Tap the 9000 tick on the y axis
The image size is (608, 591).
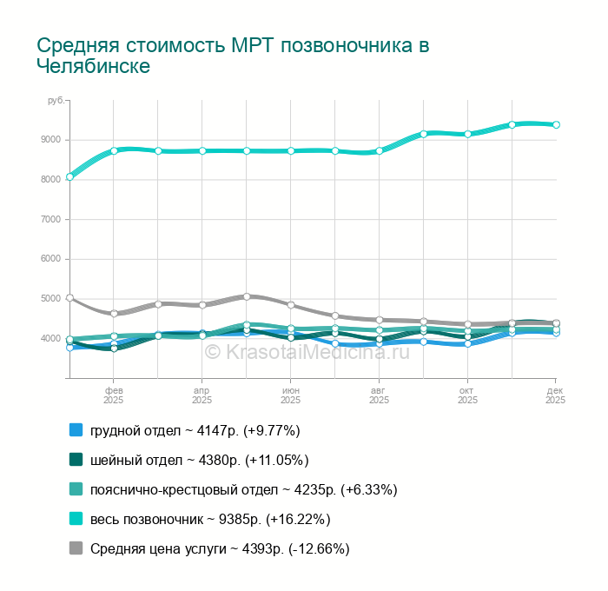[51, 140]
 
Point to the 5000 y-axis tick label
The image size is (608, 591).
[51, 299]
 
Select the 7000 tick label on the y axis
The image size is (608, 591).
[51, 219]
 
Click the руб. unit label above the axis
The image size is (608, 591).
[56, 101]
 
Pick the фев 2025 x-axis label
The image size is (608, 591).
[114, 396]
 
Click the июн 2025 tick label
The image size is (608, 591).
[291, 396]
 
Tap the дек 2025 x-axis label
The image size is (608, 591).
[556, 396]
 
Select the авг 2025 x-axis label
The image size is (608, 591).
[380, 396]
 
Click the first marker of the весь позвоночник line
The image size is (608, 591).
[69, 176]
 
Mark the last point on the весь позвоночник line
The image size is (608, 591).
[556, 124]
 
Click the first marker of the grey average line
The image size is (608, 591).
[69, 298]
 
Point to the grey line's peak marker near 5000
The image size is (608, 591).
[247, 296]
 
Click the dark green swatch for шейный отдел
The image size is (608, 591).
[76, 460]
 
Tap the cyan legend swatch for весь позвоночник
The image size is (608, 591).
[76, 519]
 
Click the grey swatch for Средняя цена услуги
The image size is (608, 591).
[76, 548]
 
